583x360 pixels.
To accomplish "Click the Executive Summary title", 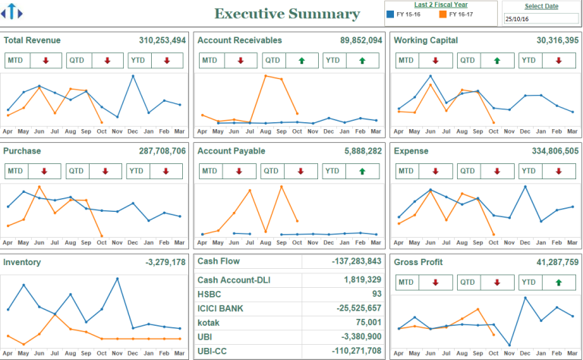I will point(287,14).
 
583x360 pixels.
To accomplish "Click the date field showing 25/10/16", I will point(540,18).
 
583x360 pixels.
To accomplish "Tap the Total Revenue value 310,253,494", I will point(162,40).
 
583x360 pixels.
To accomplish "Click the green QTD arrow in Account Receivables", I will point(301,60).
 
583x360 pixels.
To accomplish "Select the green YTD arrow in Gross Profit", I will point(559,282).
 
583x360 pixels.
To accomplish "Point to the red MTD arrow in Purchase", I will point(45,171).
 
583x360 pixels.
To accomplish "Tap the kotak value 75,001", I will point(367,323).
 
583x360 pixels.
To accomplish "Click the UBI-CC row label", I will point(213,351).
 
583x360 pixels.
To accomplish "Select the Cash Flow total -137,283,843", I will point(356,261).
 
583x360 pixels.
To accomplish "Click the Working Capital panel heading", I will point(429,40).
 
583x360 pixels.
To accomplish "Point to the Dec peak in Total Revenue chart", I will point(133,76).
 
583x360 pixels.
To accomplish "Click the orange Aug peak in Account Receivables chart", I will point(265,75).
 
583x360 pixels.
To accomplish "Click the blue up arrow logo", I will point(13,13).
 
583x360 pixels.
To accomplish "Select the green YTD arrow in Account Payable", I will point(361,171).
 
